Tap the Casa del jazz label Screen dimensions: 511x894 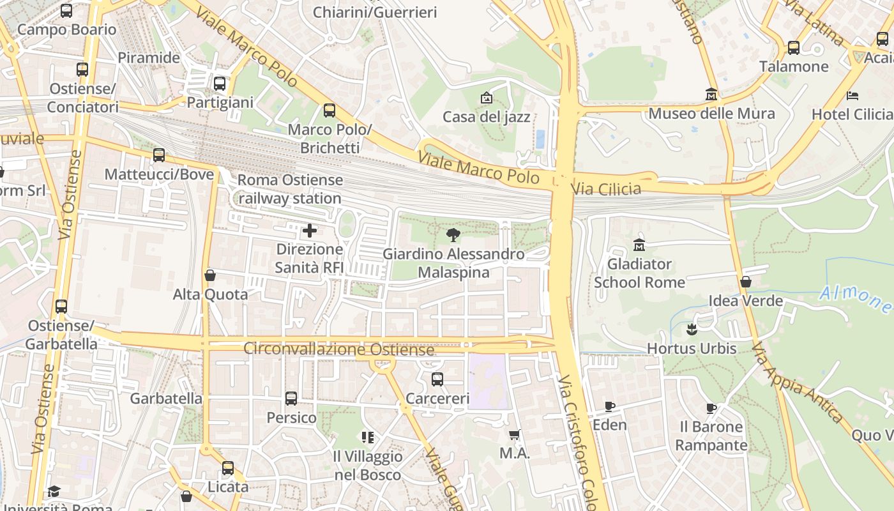(x=487, y=117)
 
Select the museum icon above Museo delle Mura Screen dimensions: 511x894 (x=711, y=95)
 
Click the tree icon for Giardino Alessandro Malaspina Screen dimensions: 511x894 (x=453, y=234)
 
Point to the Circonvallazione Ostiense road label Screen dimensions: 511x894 (x=338, y=349)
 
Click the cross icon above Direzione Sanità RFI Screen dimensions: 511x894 (x=310, y=231)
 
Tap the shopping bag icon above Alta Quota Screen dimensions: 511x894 (x=209, y=275)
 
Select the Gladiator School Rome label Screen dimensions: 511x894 (x=639, y=273)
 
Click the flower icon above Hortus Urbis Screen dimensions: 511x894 (x=692, y=330)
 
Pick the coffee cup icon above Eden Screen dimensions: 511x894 (x=610, y=406)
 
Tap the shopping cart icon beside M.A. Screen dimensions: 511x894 (x=515, y=435)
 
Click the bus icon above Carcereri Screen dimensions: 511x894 (x=437, y=379)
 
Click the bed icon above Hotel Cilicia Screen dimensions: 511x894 (x=852, y=96)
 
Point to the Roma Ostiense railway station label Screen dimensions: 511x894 (x=290, y=189)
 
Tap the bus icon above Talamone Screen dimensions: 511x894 (x=794, y=47)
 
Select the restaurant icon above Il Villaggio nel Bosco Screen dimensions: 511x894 (x=367, y=438)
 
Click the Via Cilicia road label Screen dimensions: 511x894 (x=606, y=188)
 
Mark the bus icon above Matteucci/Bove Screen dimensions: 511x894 (x=159, y=155)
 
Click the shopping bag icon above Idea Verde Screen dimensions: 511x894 (x=745, y=282)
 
